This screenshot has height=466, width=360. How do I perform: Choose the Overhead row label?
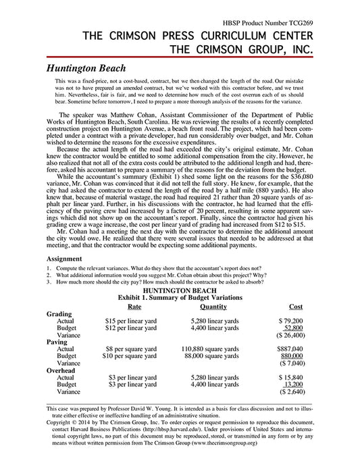click(x=61, y=370)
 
